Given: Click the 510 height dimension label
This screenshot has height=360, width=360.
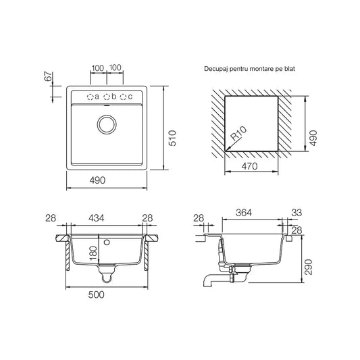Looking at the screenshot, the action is (172, 138).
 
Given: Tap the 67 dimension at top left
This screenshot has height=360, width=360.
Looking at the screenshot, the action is (48, 76).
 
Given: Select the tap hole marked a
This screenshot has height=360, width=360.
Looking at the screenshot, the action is (91, 97).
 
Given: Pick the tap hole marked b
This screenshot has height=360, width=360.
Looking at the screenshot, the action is (107, 97).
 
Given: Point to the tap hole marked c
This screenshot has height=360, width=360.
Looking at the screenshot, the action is (124, 97).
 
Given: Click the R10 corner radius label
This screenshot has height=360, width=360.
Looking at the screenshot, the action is (238, 133).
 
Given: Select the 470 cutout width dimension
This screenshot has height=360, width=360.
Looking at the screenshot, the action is (249, 166).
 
